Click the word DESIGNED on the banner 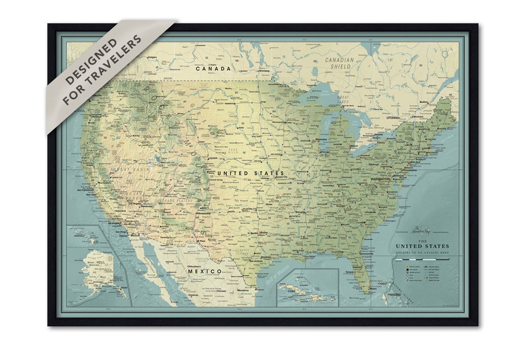(90, 60)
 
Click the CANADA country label (213, 69)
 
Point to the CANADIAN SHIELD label (339, 63)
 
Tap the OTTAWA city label (392, 117)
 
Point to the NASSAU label (395, 295)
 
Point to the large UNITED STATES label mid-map (250, 173)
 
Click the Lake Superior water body (319, 91)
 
